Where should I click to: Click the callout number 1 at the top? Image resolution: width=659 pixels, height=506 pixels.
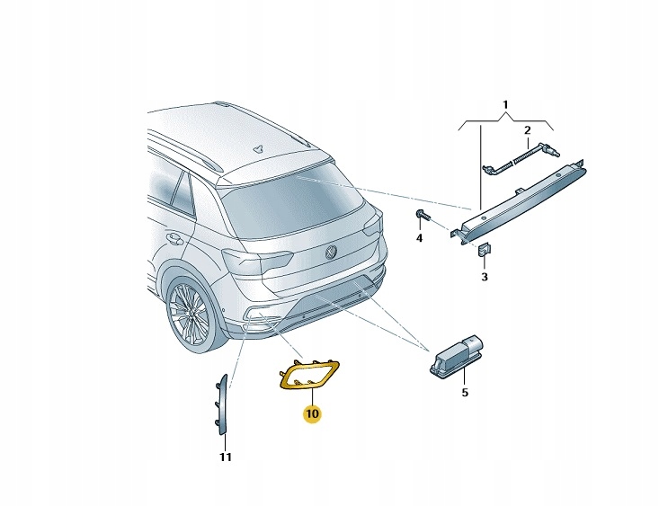click(x=505, y=105)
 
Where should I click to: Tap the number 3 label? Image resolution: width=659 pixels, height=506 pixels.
click(x=484, y=277)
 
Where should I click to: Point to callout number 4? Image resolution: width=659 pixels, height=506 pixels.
click(x=419, y=238)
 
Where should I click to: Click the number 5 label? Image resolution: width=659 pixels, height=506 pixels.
click(x=465, y=392)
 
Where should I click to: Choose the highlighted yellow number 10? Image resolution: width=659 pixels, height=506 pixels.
click(x=311, y=413)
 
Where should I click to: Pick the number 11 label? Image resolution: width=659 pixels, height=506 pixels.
click(x=225, y=457)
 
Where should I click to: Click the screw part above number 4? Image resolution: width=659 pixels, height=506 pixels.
click(x=422, y=215)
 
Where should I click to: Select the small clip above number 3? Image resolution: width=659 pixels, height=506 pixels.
click(x=484, y=251)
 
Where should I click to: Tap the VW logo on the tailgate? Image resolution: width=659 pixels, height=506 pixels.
click(x=331, y=253)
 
